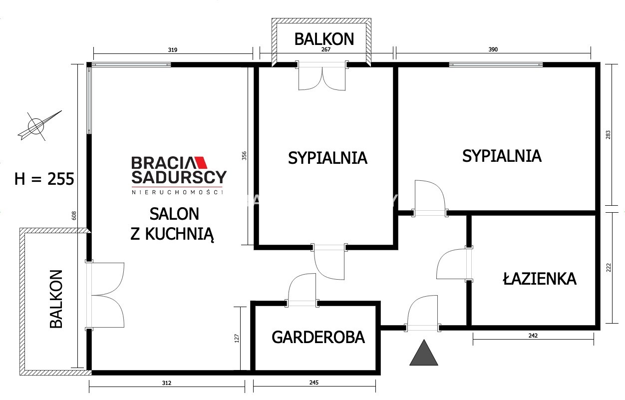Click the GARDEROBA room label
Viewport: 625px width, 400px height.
pyautogui.click(x=318, y=337)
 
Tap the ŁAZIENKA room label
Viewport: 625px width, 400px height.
pyautogui.click(x=540, y=279)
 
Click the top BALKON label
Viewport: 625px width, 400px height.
pyautogui.click(x=324, y=39)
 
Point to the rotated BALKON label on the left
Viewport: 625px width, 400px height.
pyautogui.click(x=56, y=299)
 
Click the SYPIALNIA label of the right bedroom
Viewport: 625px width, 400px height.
pyautogui.click(x=502, y=156)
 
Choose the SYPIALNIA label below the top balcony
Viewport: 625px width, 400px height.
pyautogui.click(x=327, y=158)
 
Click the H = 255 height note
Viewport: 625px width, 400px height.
pyautogui.click(x=44, y=179)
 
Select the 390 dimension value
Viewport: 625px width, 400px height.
pyautogui.click(x=493, y=49)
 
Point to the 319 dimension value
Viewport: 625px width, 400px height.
pyautogui.click(x=172, y=50)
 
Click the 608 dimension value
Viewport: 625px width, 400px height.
pyautogui.click(x=74, y=216)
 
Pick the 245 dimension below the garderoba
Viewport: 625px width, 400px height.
pyautogui.click(x=314, y=383)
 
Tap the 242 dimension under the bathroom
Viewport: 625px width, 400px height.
pyautogui.click(x=533, y=336)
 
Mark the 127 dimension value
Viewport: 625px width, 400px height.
pyautogui.click(x=237, y=339)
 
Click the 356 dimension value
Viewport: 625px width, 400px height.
pyautogui.click(x=244, y=155)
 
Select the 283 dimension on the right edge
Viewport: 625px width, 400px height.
pyautogui.click(x=608, y=135)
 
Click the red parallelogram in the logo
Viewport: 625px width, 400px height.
pyautogui.click(x=201, y=162)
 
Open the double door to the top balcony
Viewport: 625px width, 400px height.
pyautogui.click(x=322, y=79)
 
